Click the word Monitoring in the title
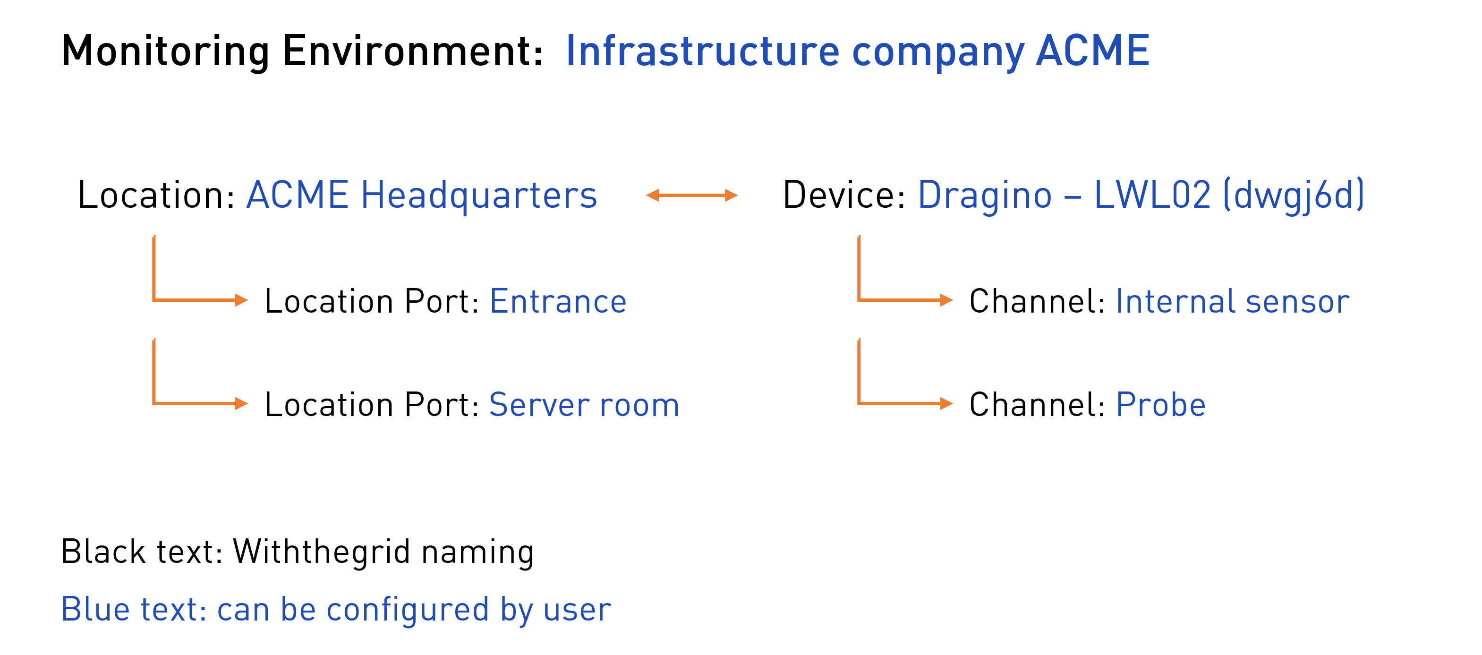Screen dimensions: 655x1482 [165, 52]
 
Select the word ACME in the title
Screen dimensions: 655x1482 [1092, 52]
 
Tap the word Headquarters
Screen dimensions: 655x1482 [479, 196]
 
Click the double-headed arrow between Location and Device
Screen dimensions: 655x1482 [691, 196]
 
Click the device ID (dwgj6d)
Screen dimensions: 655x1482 [1293, 196]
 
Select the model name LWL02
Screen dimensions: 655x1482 [1152, 196]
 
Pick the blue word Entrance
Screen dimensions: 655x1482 [558, 301]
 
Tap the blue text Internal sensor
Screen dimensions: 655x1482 [1232, 301]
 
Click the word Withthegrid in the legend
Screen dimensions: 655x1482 [322, 552]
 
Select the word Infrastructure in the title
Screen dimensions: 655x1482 [702, 52]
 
